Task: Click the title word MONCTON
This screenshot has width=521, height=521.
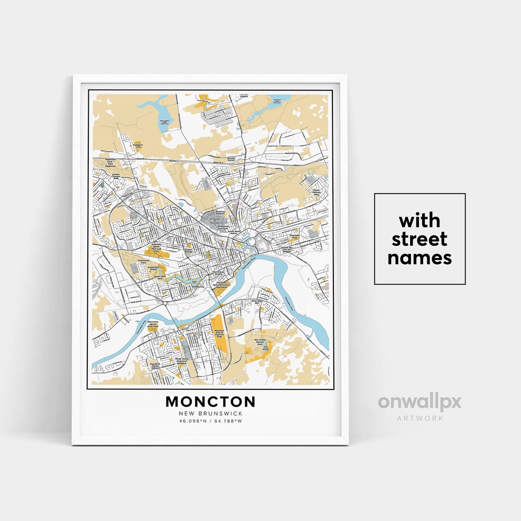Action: click(x=210, y=401)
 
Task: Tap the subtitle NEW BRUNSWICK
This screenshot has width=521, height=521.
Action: click(x=210, y=413)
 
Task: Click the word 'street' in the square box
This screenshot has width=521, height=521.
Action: click(x=419, y=239)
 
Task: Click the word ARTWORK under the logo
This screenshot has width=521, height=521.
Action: click(x=420, y=418)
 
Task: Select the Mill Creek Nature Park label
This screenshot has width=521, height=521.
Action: click(x=260, y=342)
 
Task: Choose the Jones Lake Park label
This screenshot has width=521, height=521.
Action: click(x=160, y=278)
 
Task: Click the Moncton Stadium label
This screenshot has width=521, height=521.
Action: click(x=221, y=212)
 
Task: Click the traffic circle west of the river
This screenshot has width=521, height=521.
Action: click(x=165, y=303)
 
